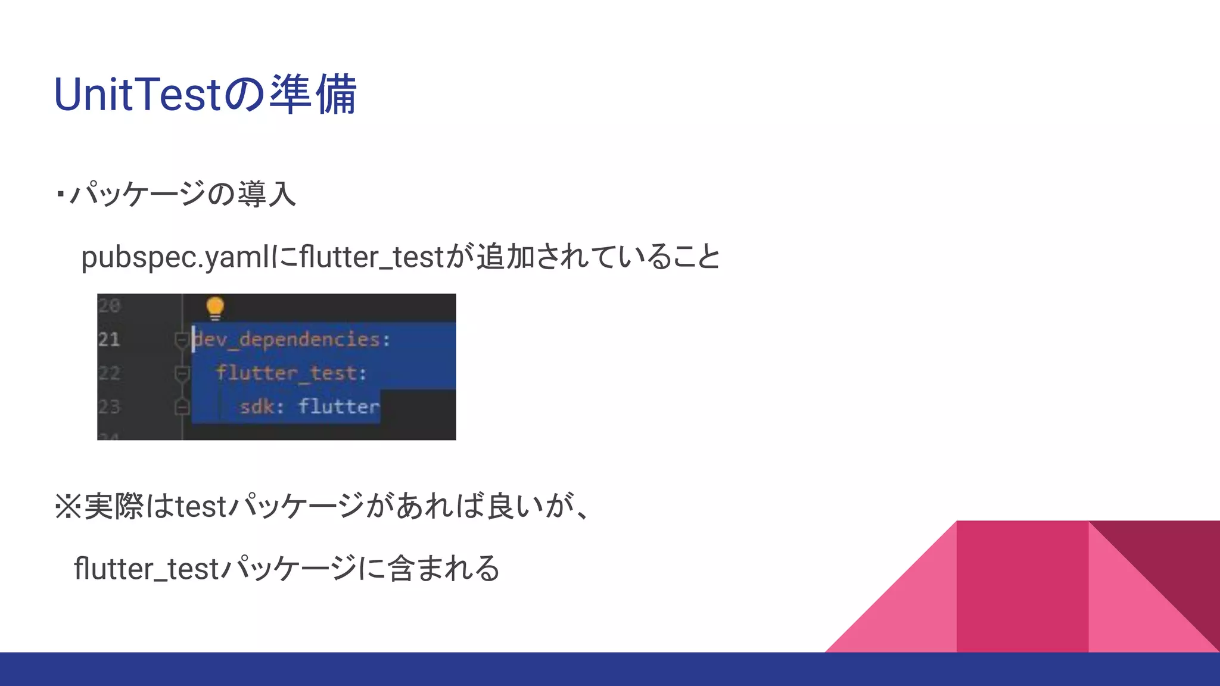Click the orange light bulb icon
tap(215, 308)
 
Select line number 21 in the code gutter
tap(109, 339)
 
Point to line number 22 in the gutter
tap(109, 373)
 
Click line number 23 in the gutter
tap(109, 407)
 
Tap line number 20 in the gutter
tap(109, 306)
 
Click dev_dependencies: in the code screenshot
tap(292, 339)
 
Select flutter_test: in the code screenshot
tap(291, 373)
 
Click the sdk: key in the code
tap(262, 407)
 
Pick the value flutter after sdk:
tap(338, 407)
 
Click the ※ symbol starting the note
tap(67, 507)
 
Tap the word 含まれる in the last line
tap(443, 568)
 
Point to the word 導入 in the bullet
tap(266, 194)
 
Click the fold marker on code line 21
tap(182, 340)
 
